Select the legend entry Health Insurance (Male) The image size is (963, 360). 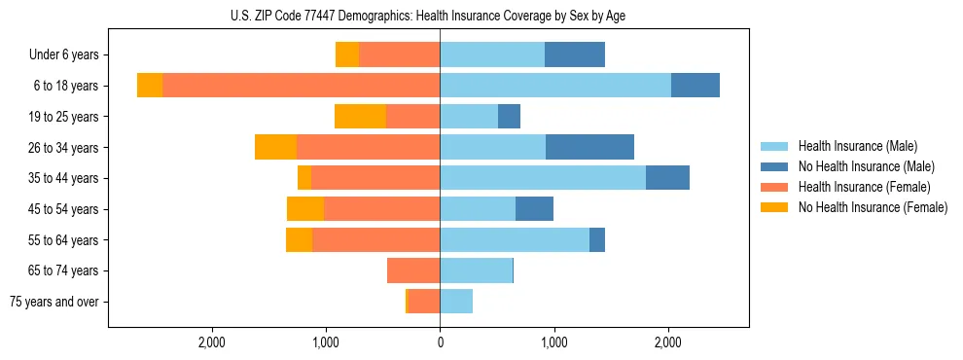point(857,146)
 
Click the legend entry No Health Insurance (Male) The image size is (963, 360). point(866,166)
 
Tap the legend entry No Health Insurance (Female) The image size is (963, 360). point(873,207)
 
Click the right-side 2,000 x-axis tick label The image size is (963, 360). point(668,342)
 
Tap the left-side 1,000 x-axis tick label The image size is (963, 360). point(326,342)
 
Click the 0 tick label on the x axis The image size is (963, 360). point(440,342)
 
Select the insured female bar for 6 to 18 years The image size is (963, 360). point(301,86)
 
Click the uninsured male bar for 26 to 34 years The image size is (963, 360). point(589,147)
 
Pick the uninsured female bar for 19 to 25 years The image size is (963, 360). point(360,117)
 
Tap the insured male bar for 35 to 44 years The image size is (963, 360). point(543,178)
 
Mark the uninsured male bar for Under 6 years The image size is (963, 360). point(575,54)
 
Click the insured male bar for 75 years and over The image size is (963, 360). point(456,302)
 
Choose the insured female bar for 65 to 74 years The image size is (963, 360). point(413,270)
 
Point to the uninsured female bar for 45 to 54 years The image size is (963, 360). point(305,209)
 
